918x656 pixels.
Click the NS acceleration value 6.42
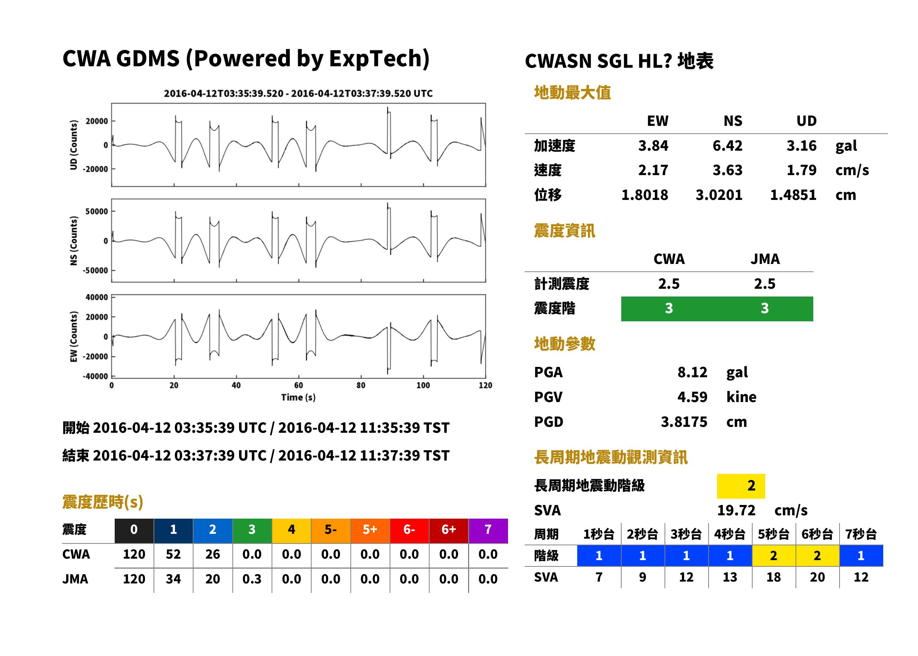[727, 145]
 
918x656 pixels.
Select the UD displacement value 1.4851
[793, 195]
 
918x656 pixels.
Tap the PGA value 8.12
[692, 372]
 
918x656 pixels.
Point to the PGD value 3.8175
[684, 421]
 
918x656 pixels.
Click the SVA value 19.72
[736, 510]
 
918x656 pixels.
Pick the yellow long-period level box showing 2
[741, 486]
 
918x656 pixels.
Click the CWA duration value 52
[173, 554]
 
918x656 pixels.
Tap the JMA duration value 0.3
[252, 579]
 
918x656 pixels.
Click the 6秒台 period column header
[817, 534]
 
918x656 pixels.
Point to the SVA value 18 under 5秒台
[773, 577]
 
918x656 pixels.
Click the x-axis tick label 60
[298, 385]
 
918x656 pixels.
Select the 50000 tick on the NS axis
[97, 211]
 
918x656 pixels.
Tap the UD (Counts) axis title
[74, 145]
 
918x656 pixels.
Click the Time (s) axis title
[298, 397]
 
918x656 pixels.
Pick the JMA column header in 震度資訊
[765, 258]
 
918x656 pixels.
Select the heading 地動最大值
[572, 93]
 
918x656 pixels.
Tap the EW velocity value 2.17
[653, 170]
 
